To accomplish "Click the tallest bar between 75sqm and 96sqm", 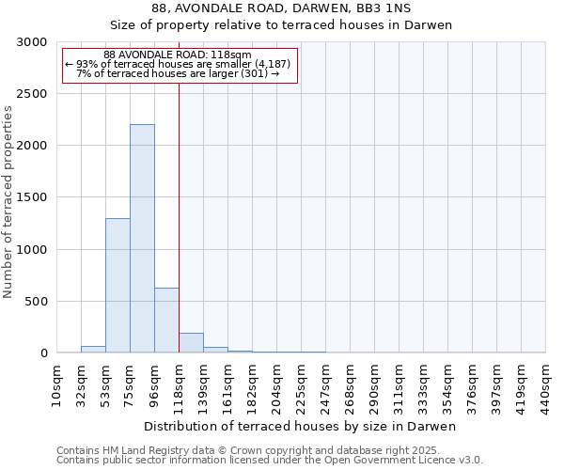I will click(x=142, y=239).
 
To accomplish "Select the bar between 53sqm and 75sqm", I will click(x=117, y=286).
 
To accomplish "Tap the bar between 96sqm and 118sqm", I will click(x=166, y=321).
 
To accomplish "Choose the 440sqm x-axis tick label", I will click(x=545, y=385).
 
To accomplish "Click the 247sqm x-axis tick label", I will click(x=325, y=385).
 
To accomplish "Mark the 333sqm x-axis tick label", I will click(x=423, y=385).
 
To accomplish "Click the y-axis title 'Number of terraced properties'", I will click(x=8, y=202).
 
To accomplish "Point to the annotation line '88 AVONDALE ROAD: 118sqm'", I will click(x=178, y=55).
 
